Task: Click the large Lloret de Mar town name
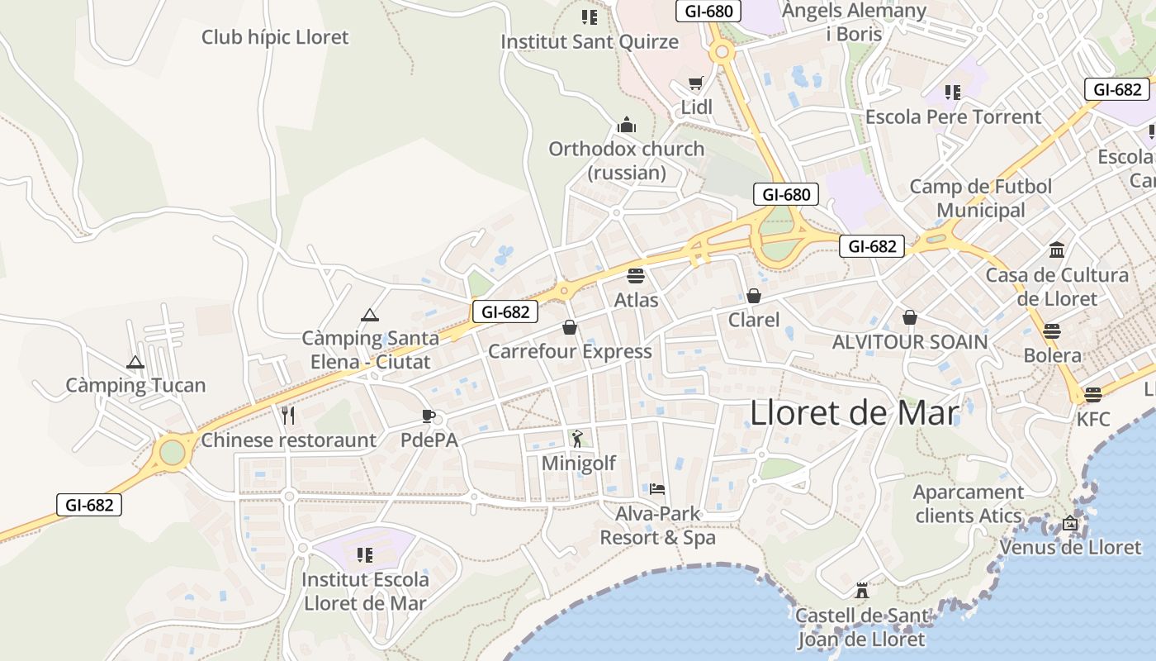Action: [x=855, y=413]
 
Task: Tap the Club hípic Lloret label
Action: [x=275, y=37]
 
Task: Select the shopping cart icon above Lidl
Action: [x=695, y=83]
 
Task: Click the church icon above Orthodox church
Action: [x=627, y=126]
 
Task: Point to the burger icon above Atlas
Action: [x=635, y=275]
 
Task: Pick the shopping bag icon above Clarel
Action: [x=754, y=296]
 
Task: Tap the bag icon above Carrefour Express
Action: [x=570, y=328]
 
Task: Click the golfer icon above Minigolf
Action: [x=577, y=439]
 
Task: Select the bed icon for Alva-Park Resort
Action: [x=657, y=489]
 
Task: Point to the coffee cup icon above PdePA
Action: [x=428, y=416]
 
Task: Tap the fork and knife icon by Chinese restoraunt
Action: [x=288, y=415]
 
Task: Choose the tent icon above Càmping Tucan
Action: [x=135, y=362]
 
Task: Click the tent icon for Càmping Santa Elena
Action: [x=369, y=315]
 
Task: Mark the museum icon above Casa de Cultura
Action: [x=1057, y=250]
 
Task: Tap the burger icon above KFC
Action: [x=1093, y=394]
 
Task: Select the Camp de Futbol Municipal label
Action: [x=981, y=198]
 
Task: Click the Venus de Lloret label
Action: [x=1070, y=547]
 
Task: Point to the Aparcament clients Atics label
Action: [x=968, y=504]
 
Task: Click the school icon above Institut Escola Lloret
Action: [x=364, y=555]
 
